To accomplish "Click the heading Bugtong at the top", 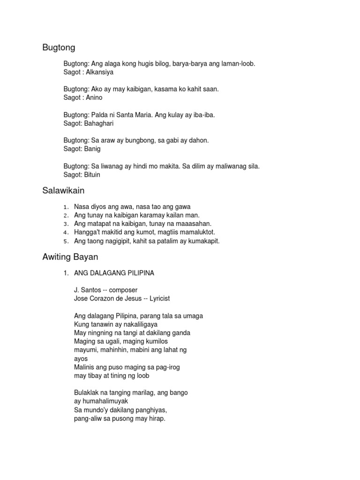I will pyautogui.click(x=59, y=47).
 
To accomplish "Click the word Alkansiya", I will pyautogui.click(x=99, y=72).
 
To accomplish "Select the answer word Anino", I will pyautogui.click(x=94, y=97).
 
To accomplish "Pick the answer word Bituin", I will pyautogui.click(x=91, y=174).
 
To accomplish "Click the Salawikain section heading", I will pyautogui.click(x=63, y=191).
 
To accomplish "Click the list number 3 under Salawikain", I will pyautogui.click(x=67, y=224).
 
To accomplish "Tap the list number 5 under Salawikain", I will pyautogui.click(x=67, y=241).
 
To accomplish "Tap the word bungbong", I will pyautogui.click(x=121, y=140).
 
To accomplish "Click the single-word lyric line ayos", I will pyautogui.click(x=81, y=359).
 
